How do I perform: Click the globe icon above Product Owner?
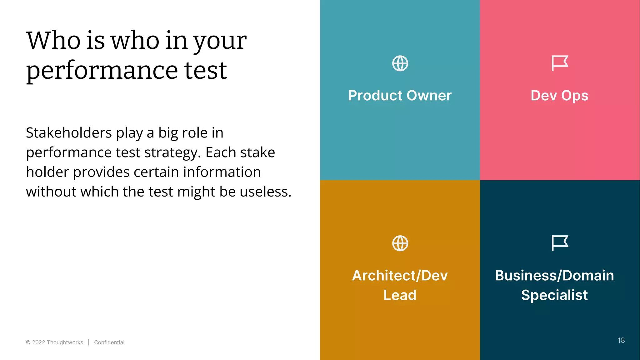tap(400, 63)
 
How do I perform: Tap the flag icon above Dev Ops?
tap(559, 63)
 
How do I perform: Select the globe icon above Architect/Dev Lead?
tap(400, 243)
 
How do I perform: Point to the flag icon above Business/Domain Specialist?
tap(559, 243)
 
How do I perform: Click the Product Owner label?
tap(400, 95)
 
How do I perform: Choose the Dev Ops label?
tap(559, 95)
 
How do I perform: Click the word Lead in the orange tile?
tap(400, 295)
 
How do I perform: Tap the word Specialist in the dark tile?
tap(554, 295)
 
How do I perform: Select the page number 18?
tap(621, 340)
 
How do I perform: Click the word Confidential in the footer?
tap(109, 342)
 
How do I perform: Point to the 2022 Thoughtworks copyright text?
tap(55, 342)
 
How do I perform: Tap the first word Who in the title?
tap(53, 41)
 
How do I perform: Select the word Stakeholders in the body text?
tap(69, 133)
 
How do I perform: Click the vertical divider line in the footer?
tap(89, 342)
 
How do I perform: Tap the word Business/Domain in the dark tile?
tap(554, 275)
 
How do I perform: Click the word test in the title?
tap(205, 71)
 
